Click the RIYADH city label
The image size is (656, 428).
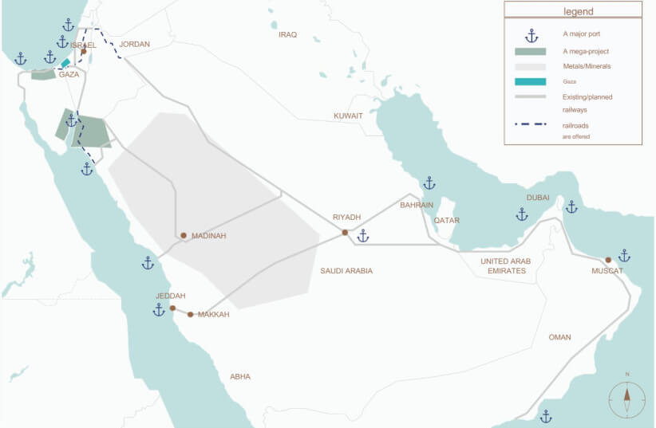[347, 217]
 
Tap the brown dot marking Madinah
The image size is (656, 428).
[184, 236]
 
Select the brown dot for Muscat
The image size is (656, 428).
[608, 260]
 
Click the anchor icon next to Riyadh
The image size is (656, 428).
[363, 236]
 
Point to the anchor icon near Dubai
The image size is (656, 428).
[522, 214]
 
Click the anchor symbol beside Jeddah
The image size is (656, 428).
[159, 310]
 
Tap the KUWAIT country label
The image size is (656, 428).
[348, 116]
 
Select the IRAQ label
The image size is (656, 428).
[287, 35]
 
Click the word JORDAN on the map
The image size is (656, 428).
[134, 45]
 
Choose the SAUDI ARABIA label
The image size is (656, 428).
[346, 271]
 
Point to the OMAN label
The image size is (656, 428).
[559, 337]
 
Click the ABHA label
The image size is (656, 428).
[239, 377]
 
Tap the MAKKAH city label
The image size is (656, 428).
[213, 315]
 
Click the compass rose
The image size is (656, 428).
[627, 397]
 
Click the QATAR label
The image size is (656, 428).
[448, 221]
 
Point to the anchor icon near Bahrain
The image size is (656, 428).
[429, 183]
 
